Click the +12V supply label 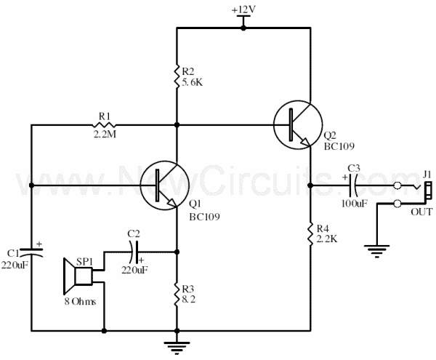click(243, 10)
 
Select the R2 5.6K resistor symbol click(177, 77)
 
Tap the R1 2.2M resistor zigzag click(103, 125)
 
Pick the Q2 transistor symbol click(298, 125)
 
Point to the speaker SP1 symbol click(78, 276)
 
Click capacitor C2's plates click(134, 252)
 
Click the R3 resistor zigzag click(177, 295)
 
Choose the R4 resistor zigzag click(310, 233)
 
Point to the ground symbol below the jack click(376, 251)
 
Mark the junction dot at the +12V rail click(243, 28)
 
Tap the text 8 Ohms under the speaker click(80, 301)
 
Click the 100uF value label click(354, 204)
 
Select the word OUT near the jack click(421, 212)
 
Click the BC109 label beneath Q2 click(339, 146)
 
